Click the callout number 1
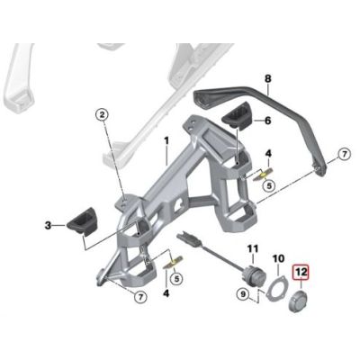pos(166,141)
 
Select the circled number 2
pos(102,114)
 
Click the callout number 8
pos(267,80)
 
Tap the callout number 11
pos(253,247)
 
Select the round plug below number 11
pos(253,278)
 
